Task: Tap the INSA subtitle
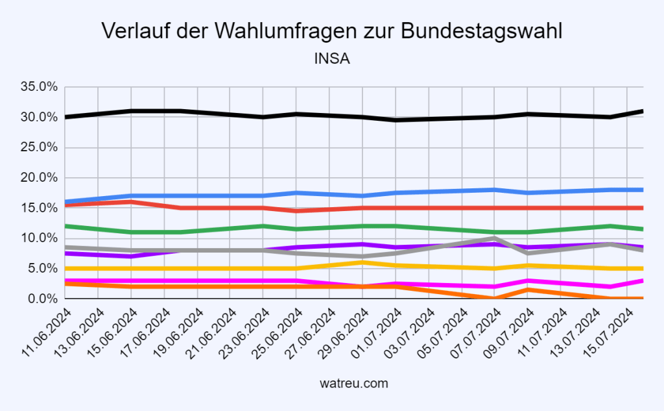[x=332, y=59]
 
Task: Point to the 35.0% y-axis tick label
[x=40, y=86]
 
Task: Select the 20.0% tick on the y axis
[x=40, y=177]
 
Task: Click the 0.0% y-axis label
[x=43, y=299]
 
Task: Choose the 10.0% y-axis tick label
[x=40, y=238]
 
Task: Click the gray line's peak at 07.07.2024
[x=495, y=238]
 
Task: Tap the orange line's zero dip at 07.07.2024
[x=495, y=298]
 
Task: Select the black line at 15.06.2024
[x=132, y=111]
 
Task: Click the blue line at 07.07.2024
[x=495, y=190]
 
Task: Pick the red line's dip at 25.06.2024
[x=296, y=211]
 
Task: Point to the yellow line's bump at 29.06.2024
[x=362, y=262]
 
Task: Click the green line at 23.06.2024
[x=263, y=226]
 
